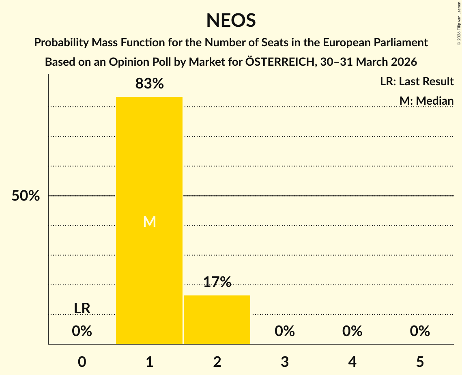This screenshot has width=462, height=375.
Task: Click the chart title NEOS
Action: point(231,20)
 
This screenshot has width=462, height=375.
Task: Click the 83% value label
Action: point(149,84)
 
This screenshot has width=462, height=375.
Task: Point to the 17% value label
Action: point(217,282)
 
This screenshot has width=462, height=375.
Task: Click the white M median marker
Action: point(149,222)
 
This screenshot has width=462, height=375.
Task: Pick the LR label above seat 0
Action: point(82,308)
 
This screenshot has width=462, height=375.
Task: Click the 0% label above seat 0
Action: point(82,332)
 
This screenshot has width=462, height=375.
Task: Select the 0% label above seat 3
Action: point(285,332)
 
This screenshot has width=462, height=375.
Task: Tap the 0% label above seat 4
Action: point(352,332)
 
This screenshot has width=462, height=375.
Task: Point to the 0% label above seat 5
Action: point(420,332)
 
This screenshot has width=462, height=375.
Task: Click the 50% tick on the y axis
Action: point(26,196)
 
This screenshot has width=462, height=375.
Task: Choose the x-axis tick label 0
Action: point(82,362)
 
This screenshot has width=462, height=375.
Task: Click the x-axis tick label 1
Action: point(149,362)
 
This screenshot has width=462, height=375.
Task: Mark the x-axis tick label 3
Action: point(285,362)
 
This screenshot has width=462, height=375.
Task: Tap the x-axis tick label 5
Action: point(420,362)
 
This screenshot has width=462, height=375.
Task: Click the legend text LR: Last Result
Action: point(417,82)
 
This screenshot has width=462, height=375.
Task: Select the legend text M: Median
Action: point(426,101)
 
